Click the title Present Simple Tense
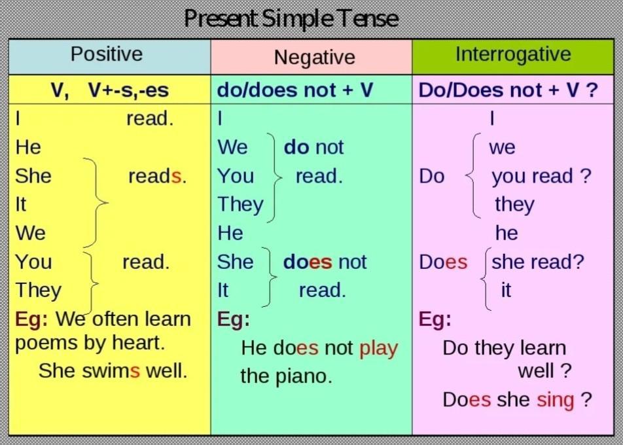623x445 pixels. coord(291,18)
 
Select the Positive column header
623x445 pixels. coord(107,54)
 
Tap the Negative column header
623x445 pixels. coord(314,57)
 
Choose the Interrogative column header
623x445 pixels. coord(513,54)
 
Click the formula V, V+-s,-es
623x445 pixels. coord(110,90)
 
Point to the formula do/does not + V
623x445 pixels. coord(294,90)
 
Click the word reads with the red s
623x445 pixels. coord(157,176)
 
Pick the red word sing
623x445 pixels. coord(556,400)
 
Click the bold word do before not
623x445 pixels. coord(296,147)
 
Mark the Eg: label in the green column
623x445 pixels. coord(234,319)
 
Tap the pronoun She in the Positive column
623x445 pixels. coord(33,176)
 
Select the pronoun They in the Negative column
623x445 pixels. coord(240,205)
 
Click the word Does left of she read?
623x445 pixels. coord(443,262)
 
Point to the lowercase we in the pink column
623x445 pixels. coord(502,148)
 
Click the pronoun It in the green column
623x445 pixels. coord(222,291)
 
